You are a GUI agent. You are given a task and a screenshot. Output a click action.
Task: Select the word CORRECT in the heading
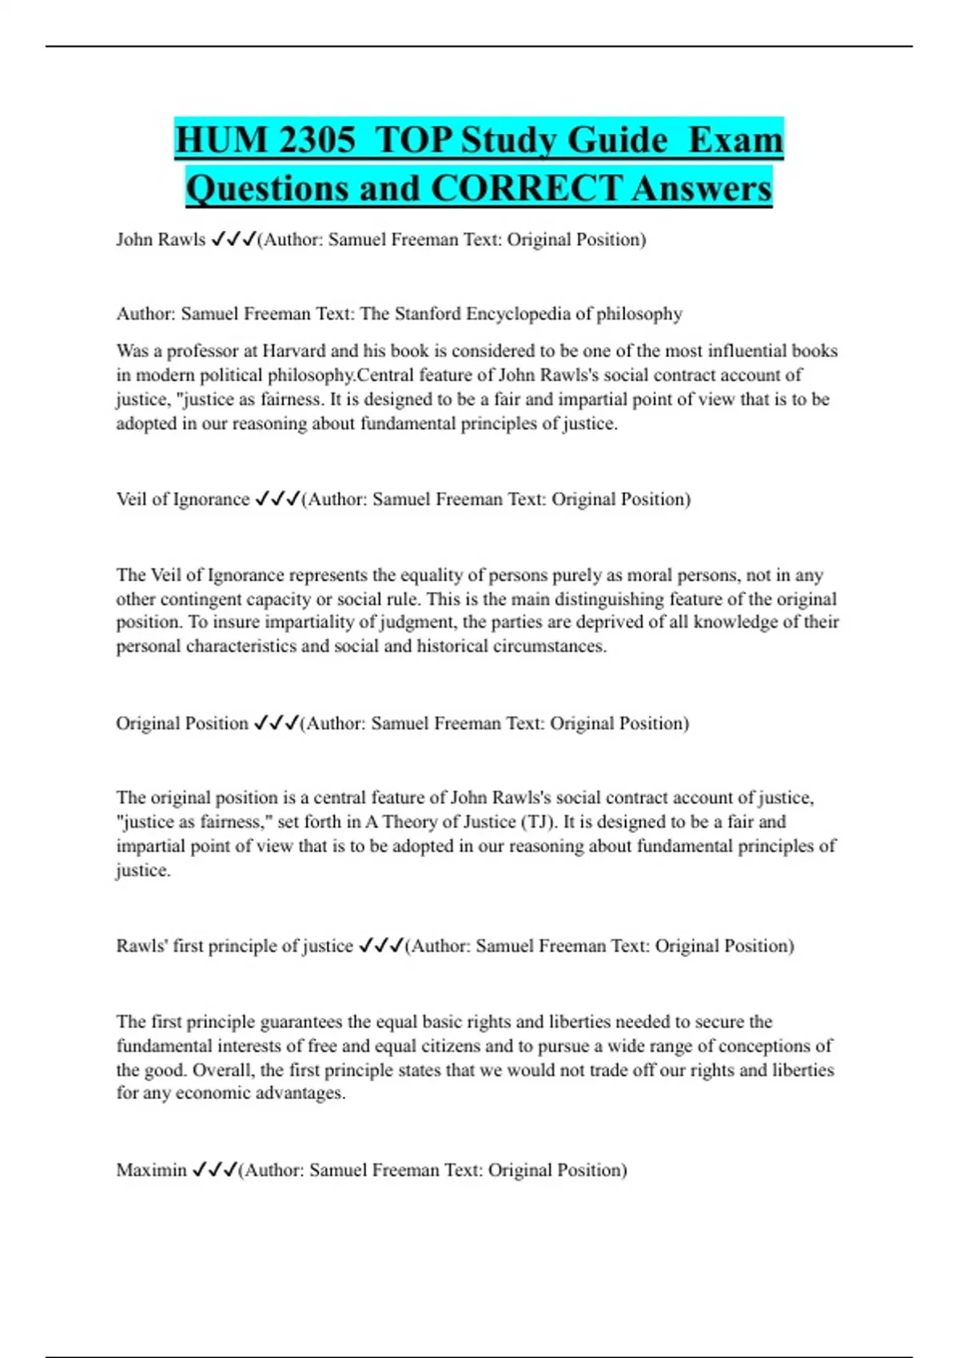[x=526, y=189]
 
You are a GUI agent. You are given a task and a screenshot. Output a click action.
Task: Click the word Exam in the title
[x=735, y=141]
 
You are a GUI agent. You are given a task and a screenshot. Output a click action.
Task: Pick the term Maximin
[x=151, y=1170]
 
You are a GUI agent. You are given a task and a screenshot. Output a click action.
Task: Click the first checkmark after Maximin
[x=200, y=1170]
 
